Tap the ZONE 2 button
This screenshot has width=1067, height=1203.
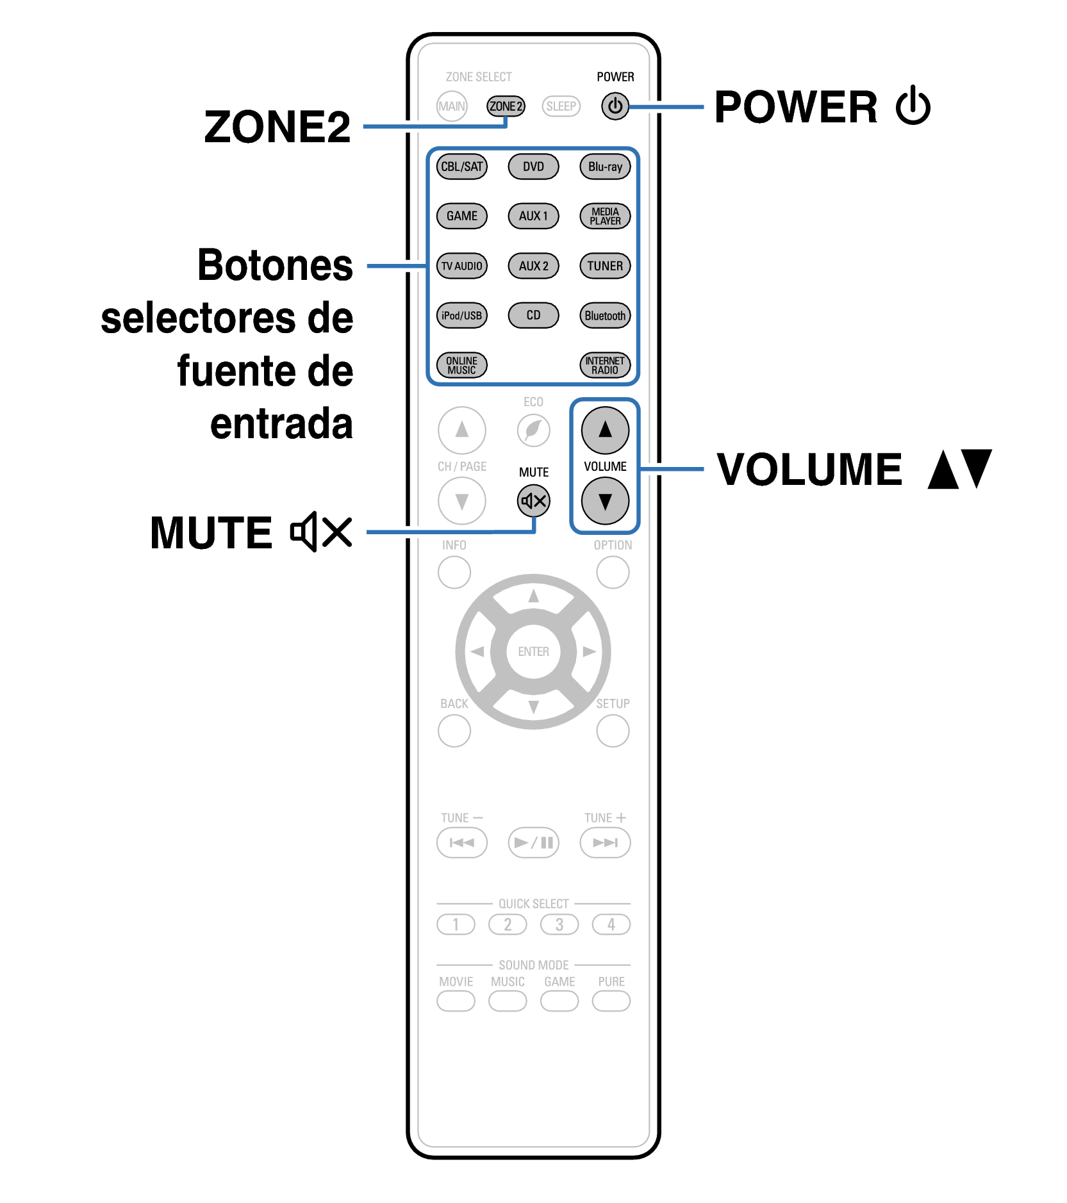[506, 106]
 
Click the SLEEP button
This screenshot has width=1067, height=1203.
[561, 106]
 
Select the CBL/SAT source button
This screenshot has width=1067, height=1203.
[462, 167]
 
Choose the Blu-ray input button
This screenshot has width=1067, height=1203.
[605, 167]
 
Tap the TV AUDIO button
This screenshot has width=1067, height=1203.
[462, 266]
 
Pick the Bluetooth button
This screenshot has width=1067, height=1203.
[605, 315]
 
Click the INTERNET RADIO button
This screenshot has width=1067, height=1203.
[605, 365]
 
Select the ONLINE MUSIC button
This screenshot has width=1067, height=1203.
[462, 365]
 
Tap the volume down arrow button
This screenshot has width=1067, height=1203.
[605, 501]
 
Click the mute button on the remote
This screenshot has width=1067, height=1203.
[534, 501]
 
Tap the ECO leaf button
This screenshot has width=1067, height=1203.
[534, 430]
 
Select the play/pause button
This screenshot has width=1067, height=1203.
[534, 842]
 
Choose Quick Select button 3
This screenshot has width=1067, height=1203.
[559, 924]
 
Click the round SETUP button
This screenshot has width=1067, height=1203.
[613, 731]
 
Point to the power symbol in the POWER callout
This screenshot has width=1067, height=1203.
[913, 106]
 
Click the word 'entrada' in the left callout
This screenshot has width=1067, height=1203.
[281, 424]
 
